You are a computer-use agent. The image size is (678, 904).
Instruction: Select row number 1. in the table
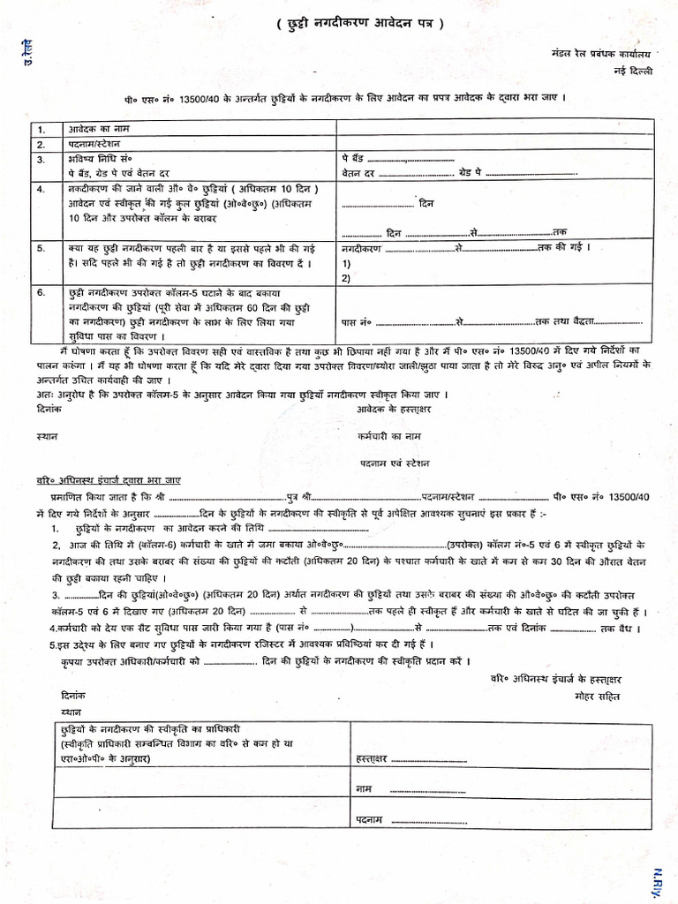tap(41, 129)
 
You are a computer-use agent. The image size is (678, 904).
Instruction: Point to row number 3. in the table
tap(41, 160)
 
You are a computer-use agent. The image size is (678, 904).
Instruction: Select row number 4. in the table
tap(41, 190)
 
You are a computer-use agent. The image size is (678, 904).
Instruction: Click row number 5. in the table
tap(41, 249)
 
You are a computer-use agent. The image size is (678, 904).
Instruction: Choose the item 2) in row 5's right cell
tap(346, 277)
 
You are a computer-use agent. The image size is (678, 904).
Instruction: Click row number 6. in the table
tap(41, 292)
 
